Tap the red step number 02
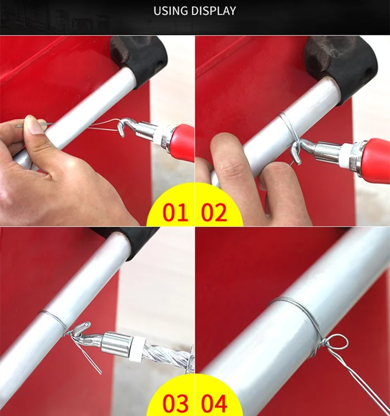[x=214, y=213]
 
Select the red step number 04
[x=215, y=404]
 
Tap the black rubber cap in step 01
[x=139, y=55]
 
